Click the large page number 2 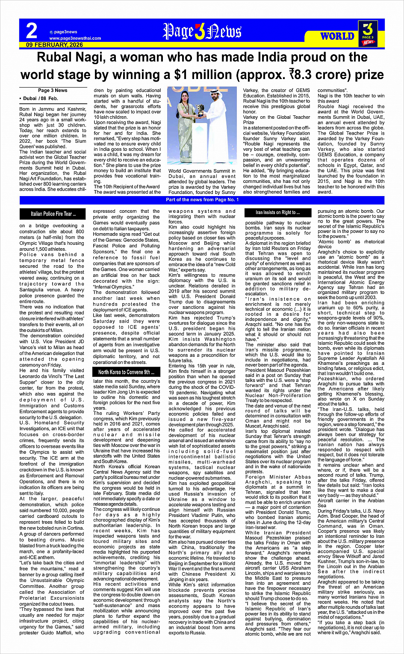32,31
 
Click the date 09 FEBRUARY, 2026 54,45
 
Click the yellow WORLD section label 337,36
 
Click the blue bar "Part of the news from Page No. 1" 202,200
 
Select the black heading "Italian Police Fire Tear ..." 53,214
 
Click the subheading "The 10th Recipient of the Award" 127,187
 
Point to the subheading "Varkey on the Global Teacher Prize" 277,120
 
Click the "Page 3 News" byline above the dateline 53,90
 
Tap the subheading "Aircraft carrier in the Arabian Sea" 351,502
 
